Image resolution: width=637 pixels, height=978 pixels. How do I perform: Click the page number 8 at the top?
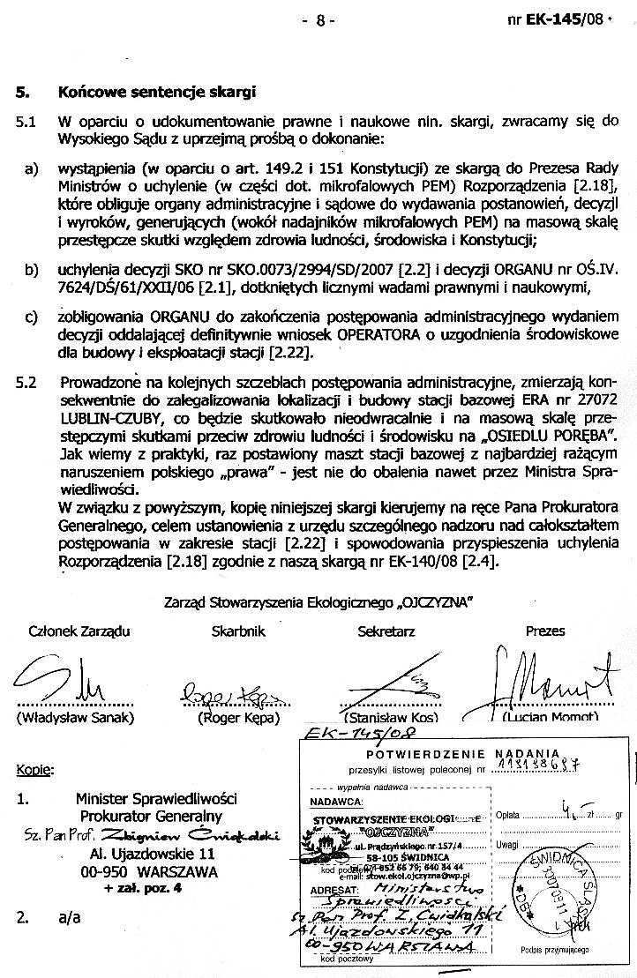(319, 19)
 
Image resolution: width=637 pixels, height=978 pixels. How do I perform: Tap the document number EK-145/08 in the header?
(561, 19)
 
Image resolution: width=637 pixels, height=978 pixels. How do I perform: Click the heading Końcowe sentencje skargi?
(156, 92)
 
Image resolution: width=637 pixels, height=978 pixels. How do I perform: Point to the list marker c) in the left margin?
(31, 317)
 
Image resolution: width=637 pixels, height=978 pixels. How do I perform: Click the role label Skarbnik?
(238, 631)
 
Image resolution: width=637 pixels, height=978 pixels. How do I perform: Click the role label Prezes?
(544, 631)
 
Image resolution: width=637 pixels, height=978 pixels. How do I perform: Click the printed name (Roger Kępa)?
(238, 718)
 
